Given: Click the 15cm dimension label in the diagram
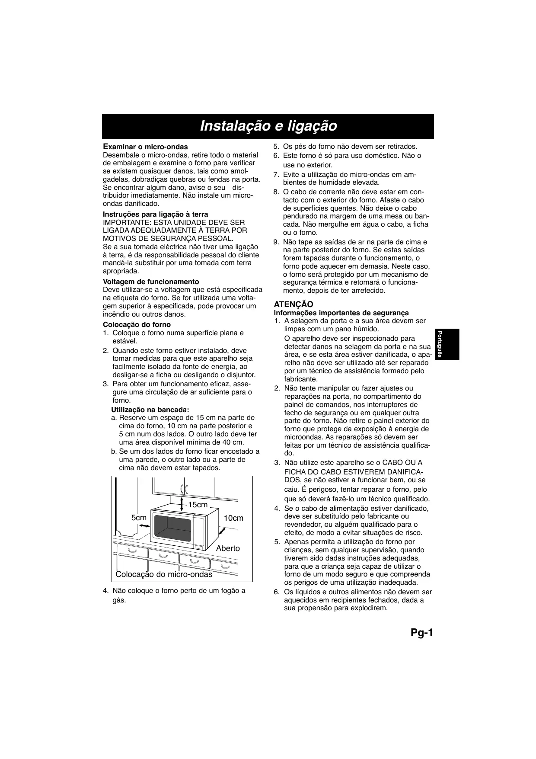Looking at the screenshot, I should coord(198,505).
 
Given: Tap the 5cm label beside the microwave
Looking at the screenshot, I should coord(139,518).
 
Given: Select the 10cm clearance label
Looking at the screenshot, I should coord(233,518).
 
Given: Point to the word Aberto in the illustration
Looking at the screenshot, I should coord(228,548).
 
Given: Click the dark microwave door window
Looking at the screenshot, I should coord(173,528).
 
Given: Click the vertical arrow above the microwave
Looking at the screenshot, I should coord(182,504).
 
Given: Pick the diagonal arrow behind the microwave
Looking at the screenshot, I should coord(222,531).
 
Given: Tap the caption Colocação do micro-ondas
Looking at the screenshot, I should coord(164,574).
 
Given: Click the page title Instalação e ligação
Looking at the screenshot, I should coord(268,126).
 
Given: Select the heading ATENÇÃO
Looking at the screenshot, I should coord(294,304).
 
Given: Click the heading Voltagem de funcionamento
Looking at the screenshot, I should coord(151,282).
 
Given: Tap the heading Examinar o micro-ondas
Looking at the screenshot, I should coord(145,147).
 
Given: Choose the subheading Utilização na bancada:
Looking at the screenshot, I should coord(150,410).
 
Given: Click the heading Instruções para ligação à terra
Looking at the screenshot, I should coord(155,214).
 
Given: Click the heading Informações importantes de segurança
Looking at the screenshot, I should coord(341,313).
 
